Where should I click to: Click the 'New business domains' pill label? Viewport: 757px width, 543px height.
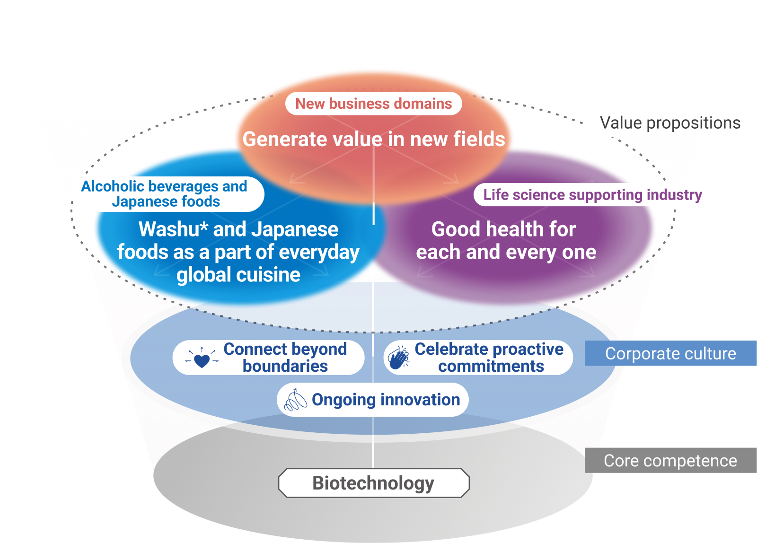click(x=373, y=104)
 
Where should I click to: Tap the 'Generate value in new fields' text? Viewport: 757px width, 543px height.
click(x=373, y=139)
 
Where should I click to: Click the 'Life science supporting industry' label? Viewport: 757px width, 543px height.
click(x=592, y=195)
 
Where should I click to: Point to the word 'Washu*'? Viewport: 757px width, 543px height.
click(x=173, y=229)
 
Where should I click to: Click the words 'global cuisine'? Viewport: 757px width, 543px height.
click(x=238, y=275)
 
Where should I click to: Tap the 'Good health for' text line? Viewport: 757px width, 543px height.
click(x=503, y=229)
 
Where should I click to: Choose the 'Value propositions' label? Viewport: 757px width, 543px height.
click(x=670, y=123)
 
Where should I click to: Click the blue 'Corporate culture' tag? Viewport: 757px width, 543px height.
click(x=670, y=354)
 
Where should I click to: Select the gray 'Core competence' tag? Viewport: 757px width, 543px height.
click(x=670, y=461)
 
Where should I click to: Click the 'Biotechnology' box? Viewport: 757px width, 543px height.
click(x=373, y=483)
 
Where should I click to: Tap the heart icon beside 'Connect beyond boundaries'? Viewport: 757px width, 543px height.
click(x=202, y=359)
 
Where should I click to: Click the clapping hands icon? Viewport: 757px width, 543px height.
click(x=399, y=358)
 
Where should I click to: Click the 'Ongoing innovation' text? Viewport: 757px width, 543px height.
click(x=386, y=400)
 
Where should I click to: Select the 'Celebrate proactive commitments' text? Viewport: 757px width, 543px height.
click(x=489, y=358)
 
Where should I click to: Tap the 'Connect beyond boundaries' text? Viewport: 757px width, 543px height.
click(x=285, y=358)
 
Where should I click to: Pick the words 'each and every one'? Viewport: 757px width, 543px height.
click(x=506, y=252)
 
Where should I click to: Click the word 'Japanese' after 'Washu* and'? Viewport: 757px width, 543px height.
click(x=295, y=229)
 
